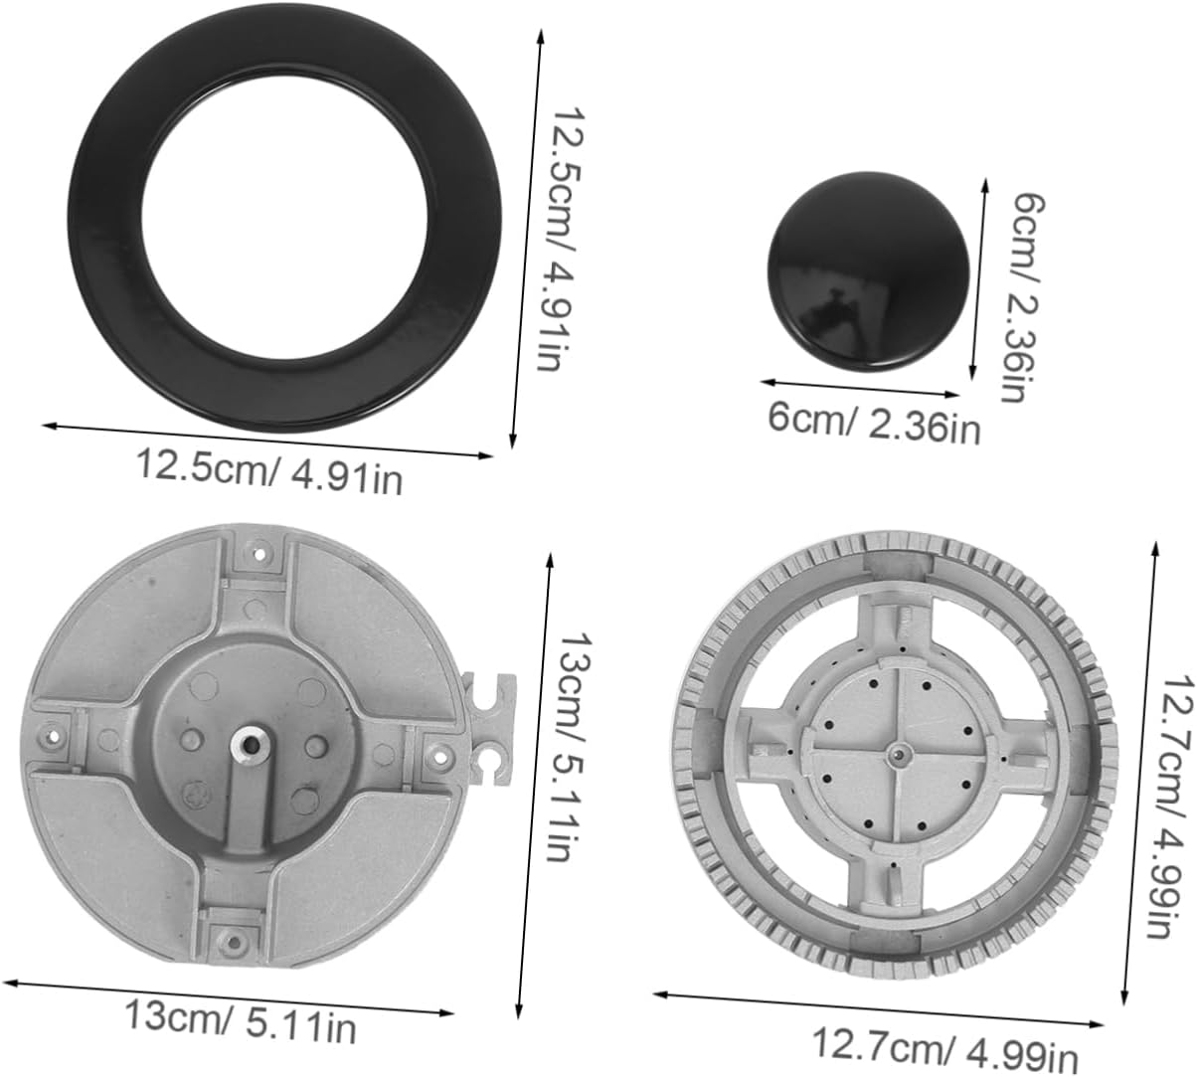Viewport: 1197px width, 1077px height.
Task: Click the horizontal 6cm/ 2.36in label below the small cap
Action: [x=874, y=423]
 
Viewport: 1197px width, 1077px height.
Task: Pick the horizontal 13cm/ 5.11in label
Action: [x=240, y=1020]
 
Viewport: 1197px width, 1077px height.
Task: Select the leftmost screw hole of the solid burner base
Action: [x=50, y=735]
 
